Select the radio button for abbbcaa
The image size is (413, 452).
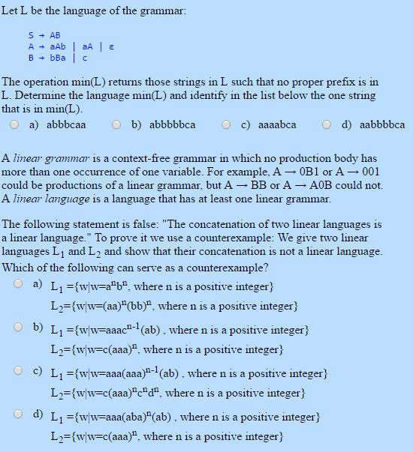14,125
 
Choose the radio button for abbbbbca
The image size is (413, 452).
116,125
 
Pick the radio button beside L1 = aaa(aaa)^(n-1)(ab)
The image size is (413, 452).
19,370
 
